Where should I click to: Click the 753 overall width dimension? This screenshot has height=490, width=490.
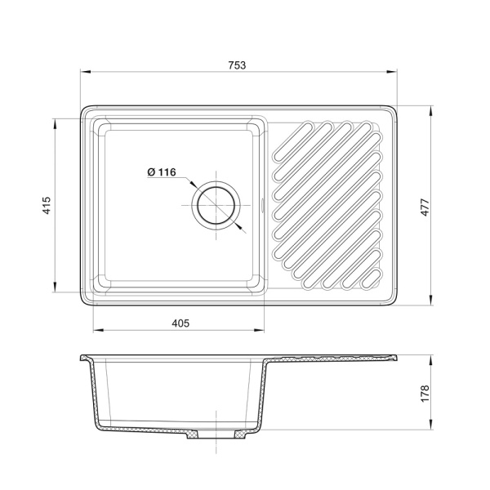pyautogui.click(x=237, y=65)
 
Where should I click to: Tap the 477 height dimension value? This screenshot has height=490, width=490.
pyautogui.click(x=425, y=207)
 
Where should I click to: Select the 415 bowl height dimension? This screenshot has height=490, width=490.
pyautogui.click(x=47, y=205)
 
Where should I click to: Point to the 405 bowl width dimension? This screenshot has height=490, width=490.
pyautogui.click(x=180, y=323)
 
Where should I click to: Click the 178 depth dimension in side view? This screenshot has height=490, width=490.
pyautogui.click(x=425, y=394)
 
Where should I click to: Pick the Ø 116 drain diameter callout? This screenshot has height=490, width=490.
pyautogui.click(x=162, y=171)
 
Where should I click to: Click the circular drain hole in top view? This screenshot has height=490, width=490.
pyautogui.click(x=216, y=205)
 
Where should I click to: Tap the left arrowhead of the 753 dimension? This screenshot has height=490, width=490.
pyautogui.click(x=85, y=72)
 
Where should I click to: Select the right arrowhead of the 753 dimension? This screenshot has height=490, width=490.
pyautogui.click(x=392, y=72)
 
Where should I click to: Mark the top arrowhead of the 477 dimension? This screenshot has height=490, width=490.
pyautogui.click(x=431, y=111)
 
